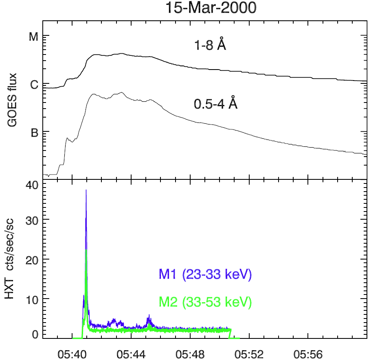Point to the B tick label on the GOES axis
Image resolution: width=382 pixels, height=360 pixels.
point(34,133)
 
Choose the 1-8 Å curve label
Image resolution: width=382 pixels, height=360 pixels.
point(210,45)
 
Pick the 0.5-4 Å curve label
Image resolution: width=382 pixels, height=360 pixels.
point(215,104)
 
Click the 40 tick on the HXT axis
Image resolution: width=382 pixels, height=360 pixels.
point(32,185)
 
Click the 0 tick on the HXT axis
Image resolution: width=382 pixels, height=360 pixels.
point(35,335)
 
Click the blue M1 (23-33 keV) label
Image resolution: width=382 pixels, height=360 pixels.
point(206,275)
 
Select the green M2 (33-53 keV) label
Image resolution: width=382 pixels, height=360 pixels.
point(206,302)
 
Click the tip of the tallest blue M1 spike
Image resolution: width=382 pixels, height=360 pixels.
point(86,190)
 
